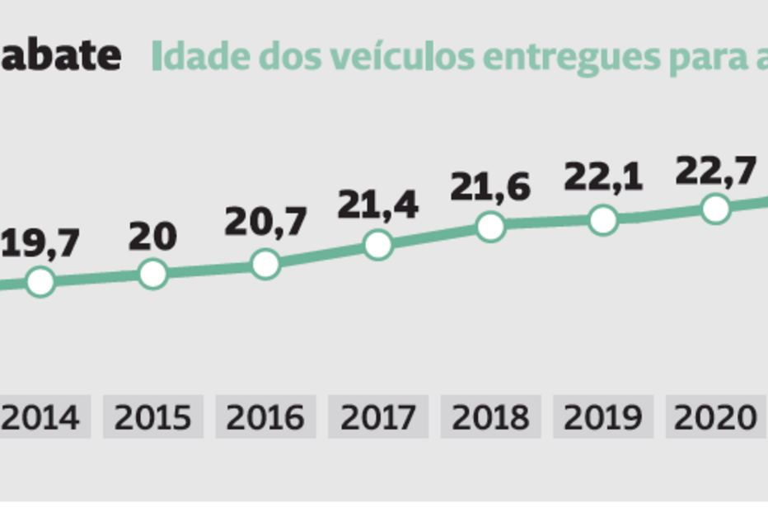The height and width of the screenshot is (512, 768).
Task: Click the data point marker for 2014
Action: (40, 282)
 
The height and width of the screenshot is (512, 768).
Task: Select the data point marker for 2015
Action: (153, 274)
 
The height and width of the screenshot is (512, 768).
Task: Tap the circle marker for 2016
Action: (265, 264)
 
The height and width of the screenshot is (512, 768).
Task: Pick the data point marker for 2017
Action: (378, 244)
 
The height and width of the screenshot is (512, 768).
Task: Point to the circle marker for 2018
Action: (491, 226)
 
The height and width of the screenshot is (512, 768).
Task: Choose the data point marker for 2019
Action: (603, 220)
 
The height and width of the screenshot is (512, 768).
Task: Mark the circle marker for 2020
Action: (716, 209)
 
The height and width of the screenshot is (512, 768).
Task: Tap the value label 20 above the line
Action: (153, 237)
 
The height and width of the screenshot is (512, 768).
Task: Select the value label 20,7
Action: (266, 223)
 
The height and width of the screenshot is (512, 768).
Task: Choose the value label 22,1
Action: (603, 178)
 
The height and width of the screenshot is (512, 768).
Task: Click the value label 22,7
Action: (715, 171)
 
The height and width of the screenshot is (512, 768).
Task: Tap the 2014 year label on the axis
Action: (40, 418)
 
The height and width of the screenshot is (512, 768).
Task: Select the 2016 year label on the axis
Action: (265, 418)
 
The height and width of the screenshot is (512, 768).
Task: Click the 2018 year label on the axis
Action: (491, 418)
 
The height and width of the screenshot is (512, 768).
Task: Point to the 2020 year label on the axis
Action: (714, 418)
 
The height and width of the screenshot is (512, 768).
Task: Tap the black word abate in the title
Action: (59, 55)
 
